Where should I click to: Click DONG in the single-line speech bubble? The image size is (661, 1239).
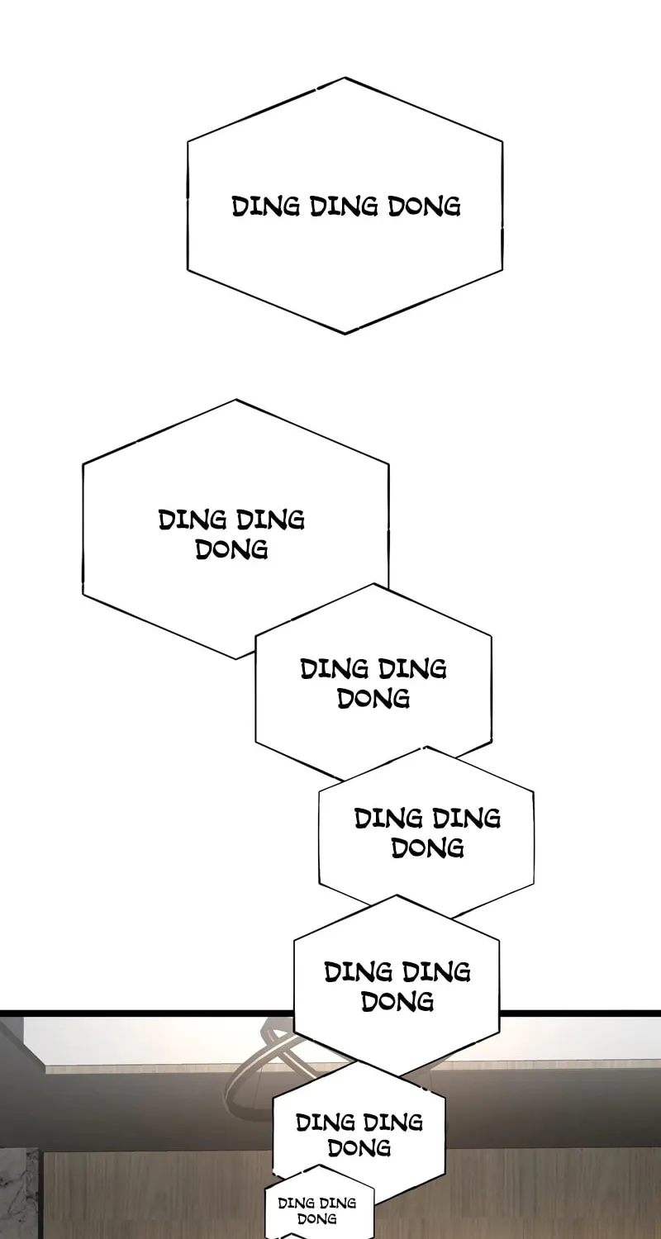coord(424,206)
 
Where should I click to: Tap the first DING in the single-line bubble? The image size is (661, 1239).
coord(265,206)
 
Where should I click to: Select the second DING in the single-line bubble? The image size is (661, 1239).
coord(344,206)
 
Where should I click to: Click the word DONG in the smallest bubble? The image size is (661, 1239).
coord(317,1218)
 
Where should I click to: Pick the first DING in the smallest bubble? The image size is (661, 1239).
coord(297,1203)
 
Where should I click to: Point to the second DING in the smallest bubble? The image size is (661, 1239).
coord(338,1203)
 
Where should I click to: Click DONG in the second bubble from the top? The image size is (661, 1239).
coord(232,550)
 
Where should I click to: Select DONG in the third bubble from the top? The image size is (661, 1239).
coord(373,699)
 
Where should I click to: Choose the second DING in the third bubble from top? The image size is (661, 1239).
coord(412,669)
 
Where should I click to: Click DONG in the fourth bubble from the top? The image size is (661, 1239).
coord(427,848)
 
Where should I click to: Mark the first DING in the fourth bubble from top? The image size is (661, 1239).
coord(388,819)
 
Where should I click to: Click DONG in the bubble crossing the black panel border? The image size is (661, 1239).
coord(397,1002)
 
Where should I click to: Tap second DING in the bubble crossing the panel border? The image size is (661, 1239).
coord(437,972)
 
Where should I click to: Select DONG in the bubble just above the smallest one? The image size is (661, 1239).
coord(359,1148)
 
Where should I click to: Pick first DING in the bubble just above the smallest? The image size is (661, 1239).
coord(326,1123)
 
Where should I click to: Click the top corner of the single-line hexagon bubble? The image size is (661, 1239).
coord(345,78)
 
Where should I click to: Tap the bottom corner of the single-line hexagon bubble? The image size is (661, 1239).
coord(345,334)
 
